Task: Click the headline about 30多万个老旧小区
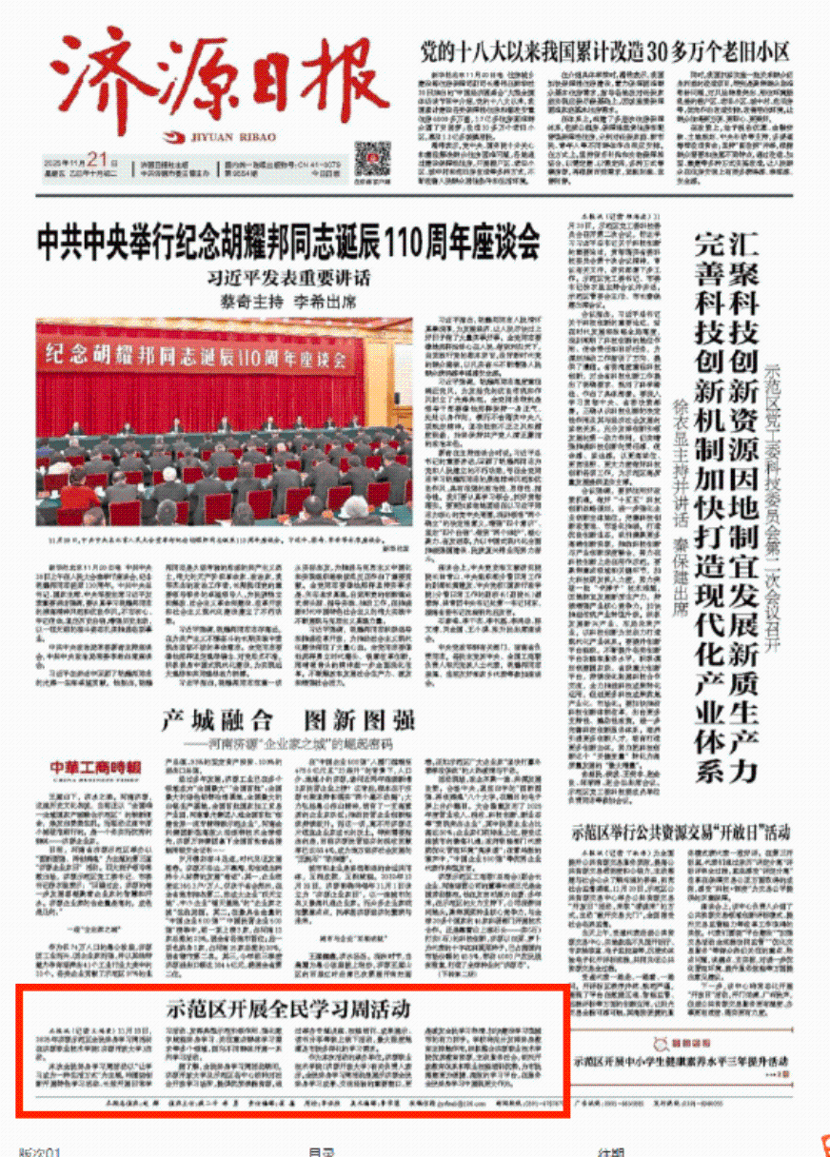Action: [x=605, y=51]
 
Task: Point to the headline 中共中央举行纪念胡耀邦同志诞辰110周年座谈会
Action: [x=288, y=244]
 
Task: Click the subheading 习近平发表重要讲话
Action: [x=288, y=279]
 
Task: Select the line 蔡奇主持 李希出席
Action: [x=288, y=302]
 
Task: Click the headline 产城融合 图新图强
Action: [x=287, y=718]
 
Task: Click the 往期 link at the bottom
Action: [x=611, y=1151]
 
